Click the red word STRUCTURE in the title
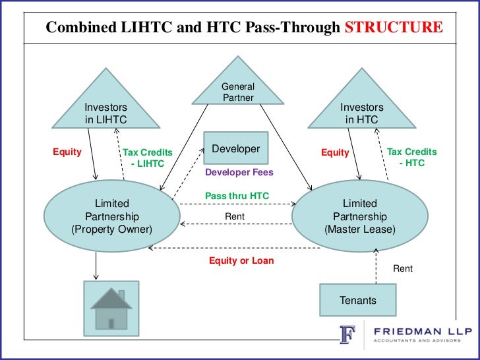[x=394, y=27]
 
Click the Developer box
[x=236, y=150]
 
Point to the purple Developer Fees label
[x=239, y=172]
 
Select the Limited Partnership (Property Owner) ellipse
[x=111, y=216]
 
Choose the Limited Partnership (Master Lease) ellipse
[x=359, y=216]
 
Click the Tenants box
[x=358, y=300]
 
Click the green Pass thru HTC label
[x=237, y=196]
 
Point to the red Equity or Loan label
[x=241, y=260]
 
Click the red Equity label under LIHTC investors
[x=67, y=152]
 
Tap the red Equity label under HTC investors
[x=334, y=152]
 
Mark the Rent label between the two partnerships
[x=235, y=216]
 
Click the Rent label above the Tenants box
[x=403, y=268]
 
